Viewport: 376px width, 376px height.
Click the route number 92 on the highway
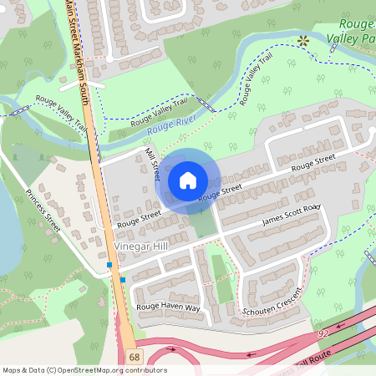click(323, 334)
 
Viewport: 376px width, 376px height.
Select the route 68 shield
click(135, 357)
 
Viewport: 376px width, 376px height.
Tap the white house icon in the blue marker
click(188, 180)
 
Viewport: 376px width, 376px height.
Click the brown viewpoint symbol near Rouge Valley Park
click(303, 40)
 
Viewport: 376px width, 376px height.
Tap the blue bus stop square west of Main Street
click(109, 265)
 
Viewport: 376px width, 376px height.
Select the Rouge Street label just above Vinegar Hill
click(139, 219)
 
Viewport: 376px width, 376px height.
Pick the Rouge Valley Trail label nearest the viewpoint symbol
click(257, 79)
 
